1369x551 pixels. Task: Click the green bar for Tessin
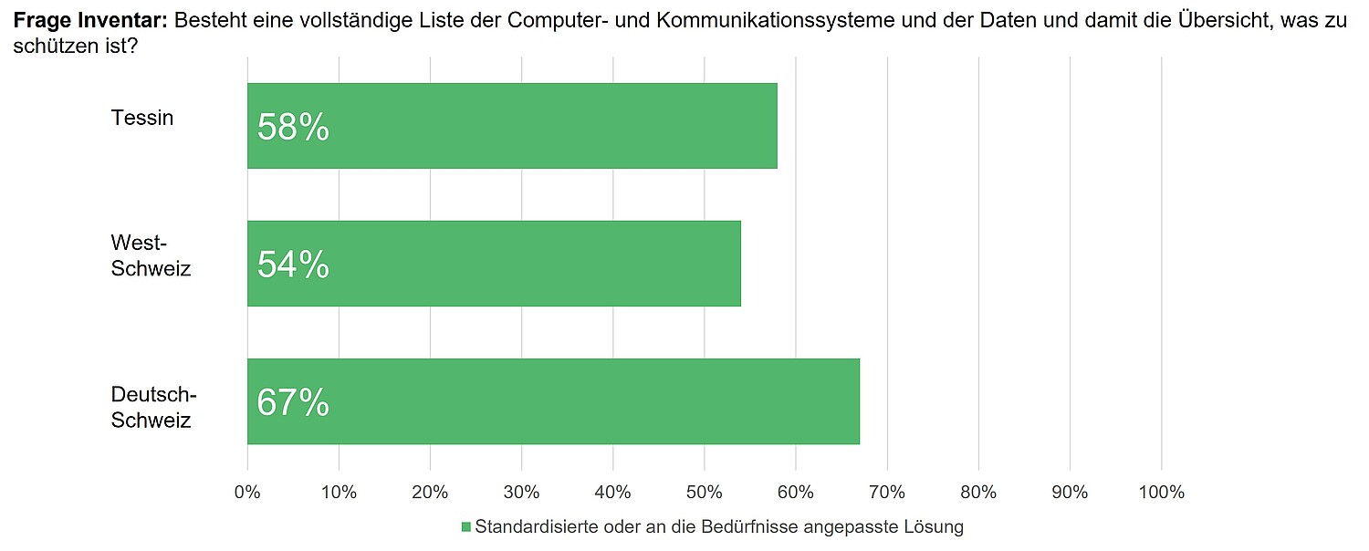pyautogui.click(x=548, y=126)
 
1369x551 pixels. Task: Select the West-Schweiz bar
pyautogui.click(x=529, y=264)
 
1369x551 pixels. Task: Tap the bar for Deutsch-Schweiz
pyautogui.click(x=584, y=401)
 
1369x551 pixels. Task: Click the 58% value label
pyautogui.click(x=293, y=128)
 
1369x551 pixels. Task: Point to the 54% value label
pyautogui.click(x=293, y=265)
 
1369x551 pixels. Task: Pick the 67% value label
pyautogui.click(x=293, y=402)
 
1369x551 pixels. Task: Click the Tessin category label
pyautogui.click(x=141, y=118)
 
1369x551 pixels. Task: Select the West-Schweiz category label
pyautogui.click(x=151, y=255)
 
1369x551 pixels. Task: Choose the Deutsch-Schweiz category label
pyautogui.click(x=153, y=407)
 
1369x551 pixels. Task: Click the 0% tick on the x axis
pyautogui.click(x=247, y=493)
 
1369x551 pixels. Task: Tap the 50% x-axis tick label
pyautogui.click(x=704, y=493)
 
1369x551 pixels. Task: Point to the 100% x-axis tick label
pyautogui.click(x=1161, y=493)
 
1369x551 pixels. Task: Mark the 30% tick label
pyautogui.click(x=521, y=493)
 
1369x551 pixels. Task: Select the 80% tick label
pyautogui.click(x=978, y=493)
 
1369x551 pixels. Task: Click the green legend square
pyautogui.click(x=465, y=527)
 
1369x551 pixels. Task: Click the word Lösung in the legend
pyautogui.click(x=934, y=527)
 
